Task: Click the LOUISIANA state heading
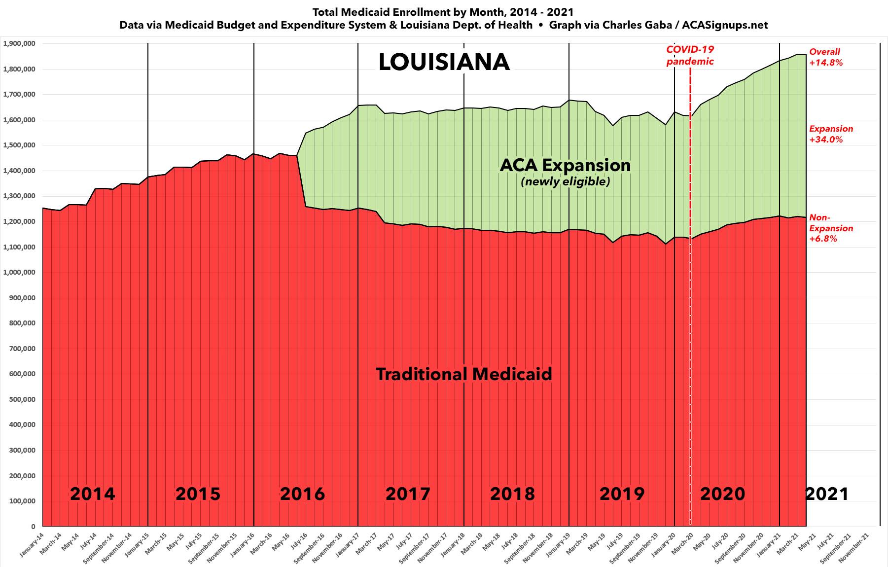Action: [444, 63]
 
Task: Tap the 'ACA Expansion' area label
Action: [565, 165]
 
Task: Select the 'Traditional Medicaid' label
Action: [463, 374]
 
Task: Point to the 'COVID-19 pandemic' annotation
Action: [690, 55]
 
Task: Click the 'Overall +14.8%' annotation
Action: [826, 57]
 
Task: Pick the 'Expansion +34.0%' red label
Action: [831, 134]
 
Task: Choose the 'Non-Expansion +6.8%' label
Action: [831, 228]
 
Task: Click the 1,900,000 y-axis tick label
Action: [20, 43]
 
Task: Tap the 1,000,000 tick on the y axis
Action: [20, 272]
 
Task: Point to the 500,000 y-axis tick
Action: [22, 399]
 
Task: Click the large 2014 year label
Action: [92, 494]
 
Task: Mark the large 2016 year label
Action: [302, 494]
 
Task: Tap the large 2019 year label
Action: [621, 494]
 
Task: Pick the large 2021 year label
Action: [827, 494]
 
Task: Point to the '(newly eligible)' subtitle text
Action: [566, 182]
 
